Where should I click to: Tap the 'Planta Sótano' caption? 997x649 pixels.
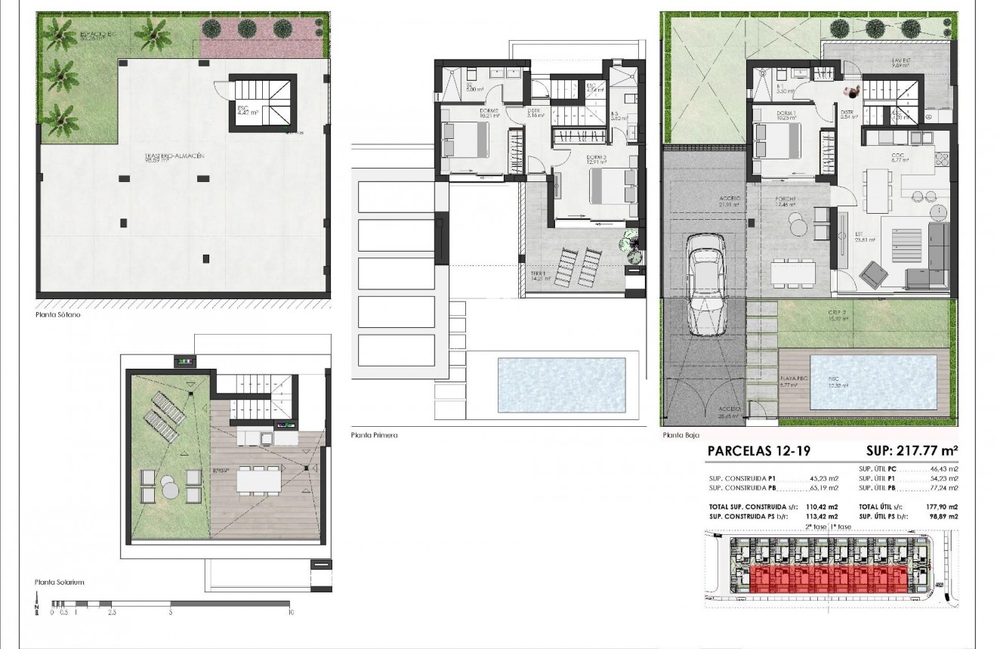[57, 314]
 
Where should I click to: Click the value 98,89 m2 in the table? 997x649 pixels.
[944, 515]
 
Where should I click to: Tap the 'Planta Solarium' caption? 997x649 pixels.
[59, 583]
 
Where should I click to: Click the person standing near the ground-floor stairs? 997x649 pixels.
[852, 91]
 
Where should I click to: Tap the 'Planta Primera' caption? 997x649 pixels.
[374, 435]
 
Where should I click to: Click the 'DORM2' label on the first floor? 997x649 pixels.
[488, 112]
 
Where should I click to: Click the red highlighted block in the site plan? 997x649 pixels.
[823, 580]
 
